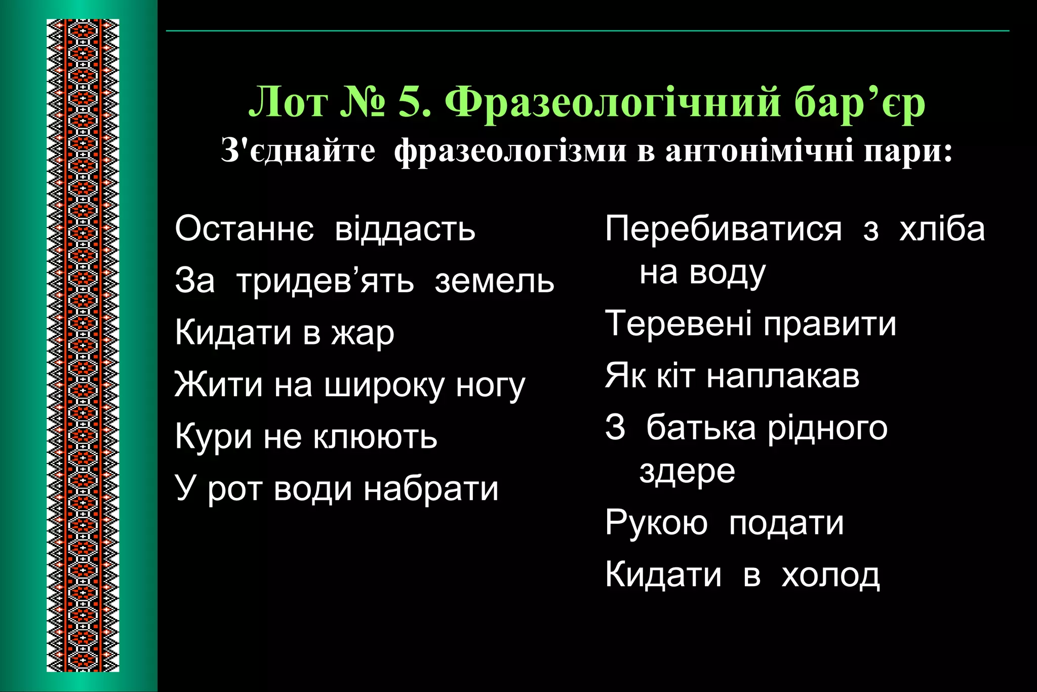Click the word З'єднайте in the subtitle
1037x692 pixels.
[x=298, y=151]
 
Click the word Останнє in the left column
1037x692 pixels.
[x=244, y=228]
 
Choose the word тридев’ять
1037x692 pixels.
[x=325, y=281]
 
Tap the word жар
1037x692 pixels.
[x=363, y=334]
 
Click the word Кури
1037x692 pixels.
[x=213, y=437]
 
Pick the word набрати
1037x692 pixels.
[x=431, y=489]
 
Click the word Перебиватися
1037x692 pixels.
[x=724, y=228]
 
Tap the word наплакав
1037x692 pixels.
[x=783, y=376]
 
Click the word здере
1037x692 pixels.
[x=687, y=472]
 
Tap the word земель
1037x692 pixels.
[x=494, y=281]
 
